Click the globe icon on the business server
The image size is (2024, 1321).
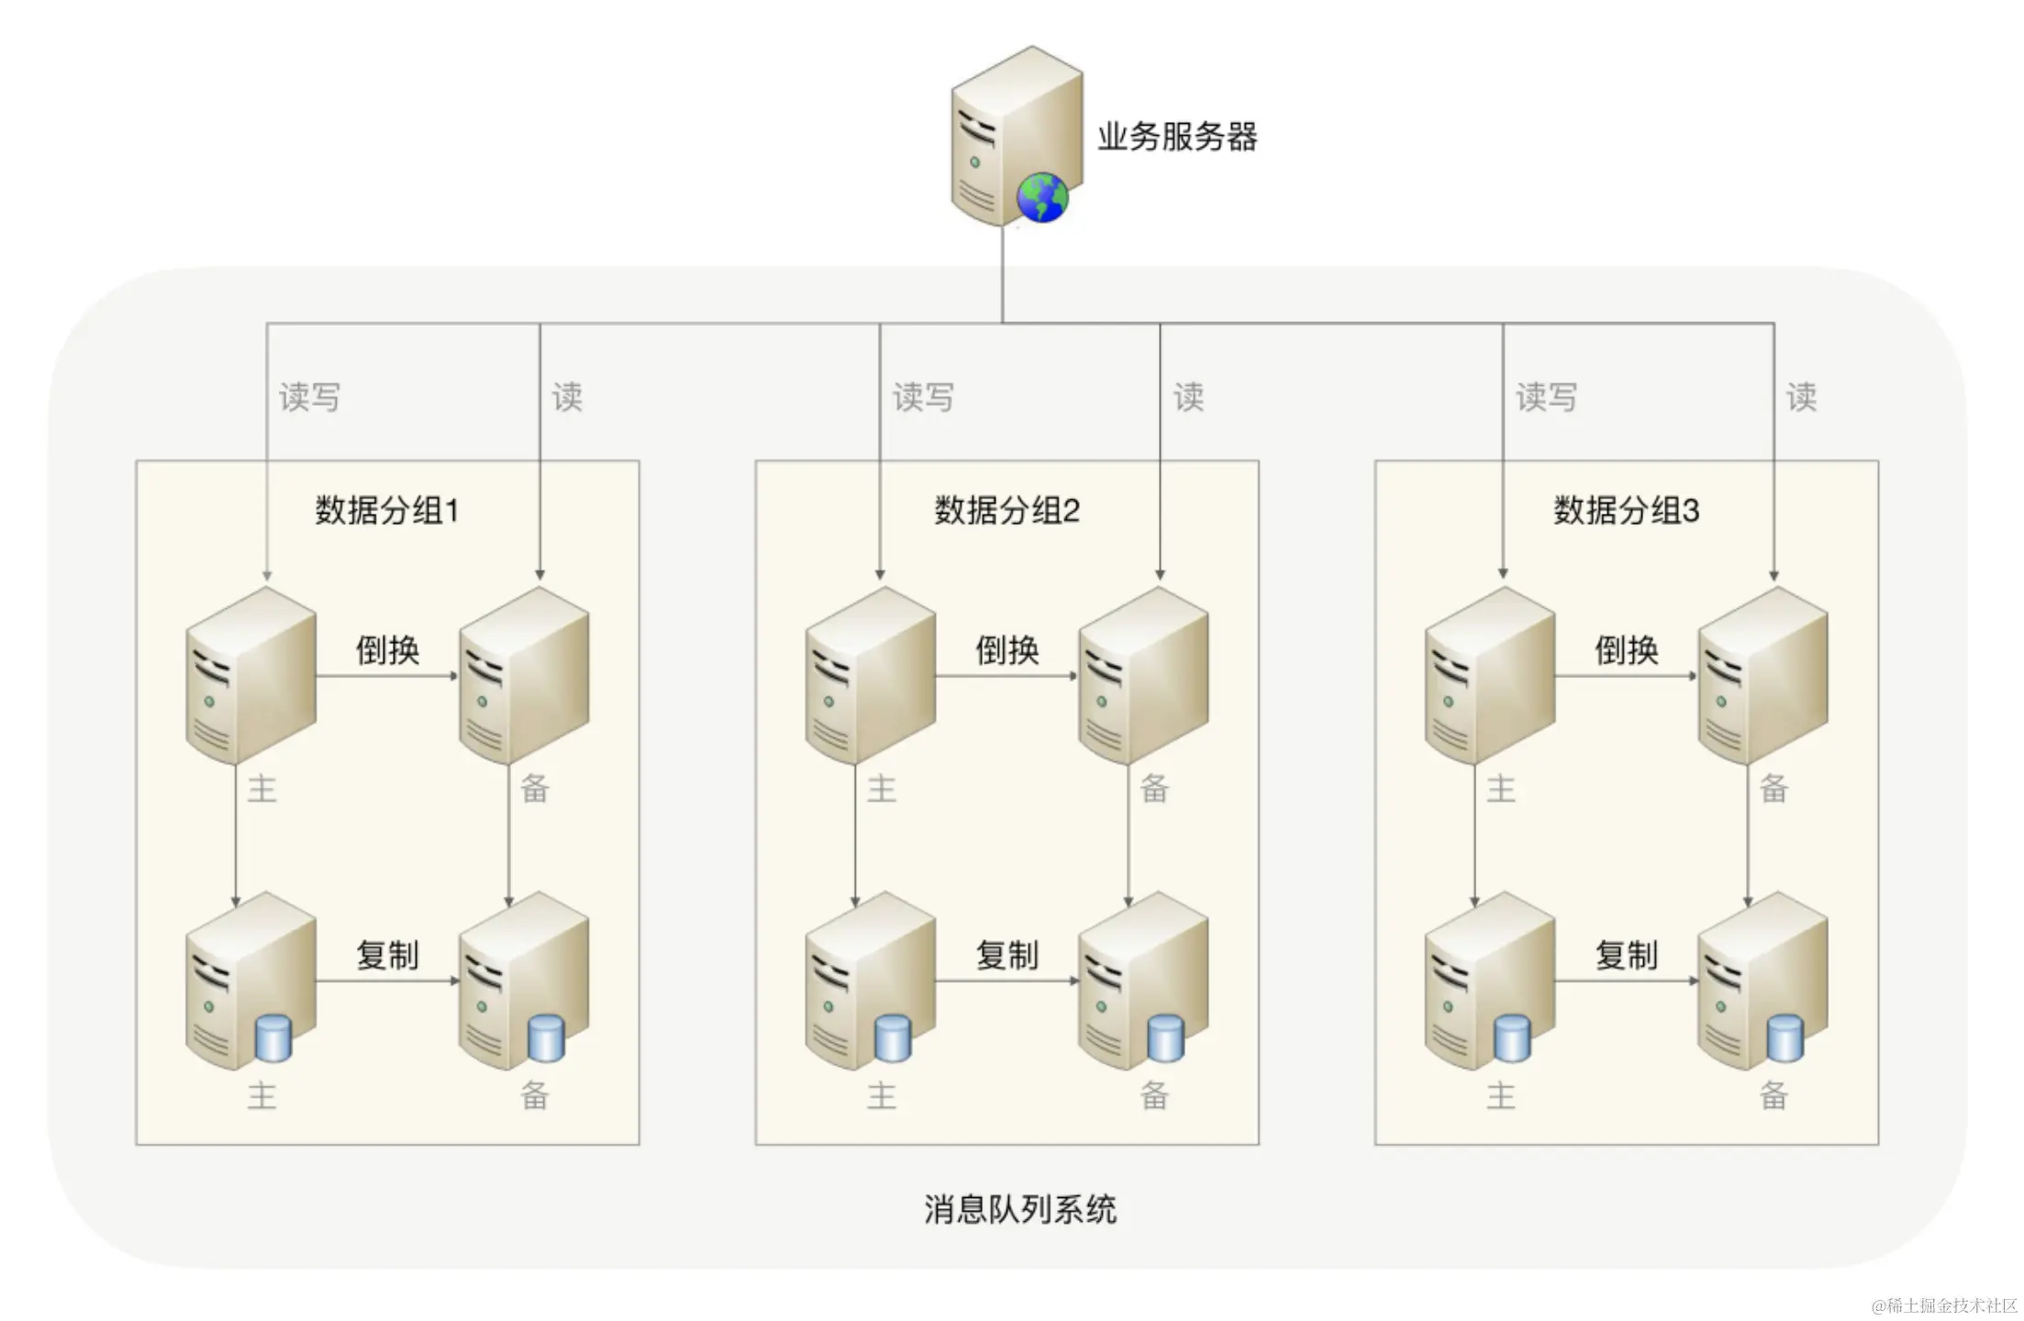[1042, 197]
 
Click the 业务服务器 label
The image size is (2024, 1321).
[1177, 138]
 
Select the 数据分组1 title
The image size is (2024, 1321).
[386, 510]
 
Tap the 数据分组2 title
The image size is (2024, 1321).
[1006, 510]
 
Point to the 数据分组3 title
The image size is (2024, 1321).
[1626, 510]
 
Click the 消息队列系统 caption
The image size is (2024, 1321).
[1019, 1209]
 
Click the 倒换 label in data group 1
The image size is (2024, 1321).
[387, 650]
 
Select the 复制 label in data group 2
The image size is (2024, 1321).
[1006, 955]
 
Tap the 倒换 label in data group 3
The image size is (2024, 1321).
[1626, 650]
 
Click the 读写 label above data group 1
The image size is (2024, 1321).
[309, 397]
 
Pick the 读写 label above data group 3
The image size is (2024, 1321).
[1546, 397]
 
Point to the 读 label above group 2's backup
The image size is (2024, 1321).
[1188, 397]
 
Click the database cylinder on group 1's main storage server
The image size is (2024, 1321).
[272, 1038]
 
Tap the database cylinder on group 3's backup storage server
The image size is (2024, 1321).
[1785, 1038]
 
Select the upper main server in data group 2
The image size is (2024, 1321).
[869, 677]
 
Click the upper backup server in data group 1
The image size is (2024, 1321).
[523, 677]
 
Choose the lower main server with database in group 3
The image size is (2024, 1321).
[1488, 982]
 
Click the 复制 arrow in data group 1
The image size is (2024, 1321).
[387, 981]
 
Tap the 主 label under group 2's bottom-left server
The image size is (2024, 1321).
[881, 1095]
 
